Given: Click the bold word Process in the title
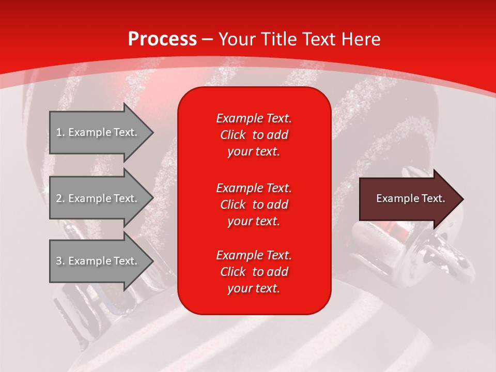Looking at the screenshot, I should pos(162,39).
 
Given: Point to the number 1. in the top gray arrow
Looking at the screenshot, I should pos(60,132).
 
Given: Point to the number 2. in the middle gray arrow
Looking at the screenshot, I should pos(60,198).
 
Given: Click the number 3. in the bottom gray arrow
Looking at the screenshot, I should pos(60,261).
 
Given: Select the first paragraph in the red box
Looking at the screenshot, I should pos(254,135).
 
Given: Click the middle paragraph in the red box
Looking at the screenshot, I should pos(254,205).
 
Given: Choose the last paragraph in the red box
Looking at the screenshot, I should pos(254,272).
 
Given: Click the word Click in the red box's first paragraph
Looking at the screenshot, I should pos(233,135).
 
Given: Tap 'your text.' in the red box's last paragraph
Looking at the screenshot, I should pos(254,289).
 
